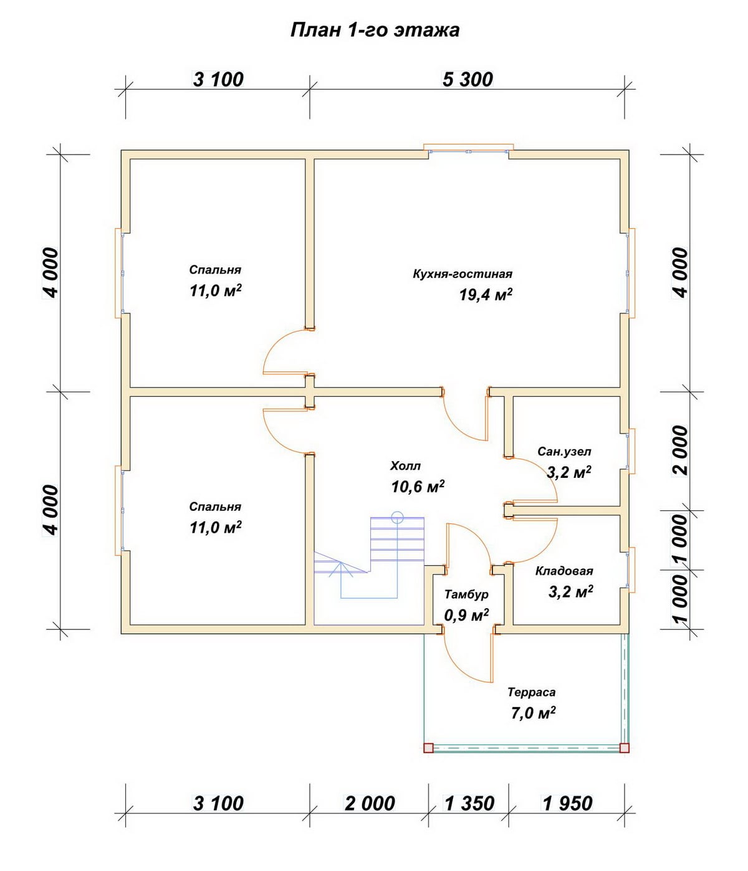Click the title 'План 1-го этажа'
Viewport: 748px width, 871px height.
click(x=375, y=31)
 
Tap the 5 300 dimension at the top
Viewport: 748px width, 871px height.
click(x=467, y=79)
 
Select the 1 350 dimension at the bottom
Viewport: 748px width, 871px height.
click(x=469, y=803)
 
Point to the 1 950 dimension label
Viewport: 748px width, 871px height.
click(x=567, y=803)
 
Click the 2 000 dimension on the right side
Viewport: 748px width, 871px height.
click(x=679, y=450)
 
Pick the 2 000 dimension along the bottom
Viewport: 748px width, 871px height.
click(x=370, y=803)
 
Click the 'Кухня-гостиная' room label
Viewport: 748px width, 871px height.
click(x=463, y=274)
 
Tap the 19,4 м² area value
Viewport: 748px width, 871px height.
click(x=486, y=295)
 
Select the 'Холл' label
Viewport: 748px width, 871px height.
click(x=405, y=466)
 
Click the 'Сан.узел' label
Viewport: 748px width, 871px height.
click(x=564, y=451)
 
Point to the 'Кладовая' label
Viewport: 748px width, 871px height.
click(x=564, y=571)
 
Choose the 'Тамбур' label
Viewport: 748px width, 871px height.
click(x=466, y=594)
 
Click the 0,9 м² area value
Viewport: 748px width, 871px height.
click(x=466, y=615)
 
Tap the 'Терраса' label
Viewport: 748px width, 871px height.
click(x=531, y=692)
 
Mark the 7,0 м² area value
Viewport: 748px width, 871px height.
click(x=533, y=713)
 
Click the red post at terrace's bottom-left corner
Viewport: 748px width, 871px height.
click(x=428, y=748)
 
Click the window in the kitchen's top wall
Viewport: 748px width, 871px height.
click(x=469, y=149)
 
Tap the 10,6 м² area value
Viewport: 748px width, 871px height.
click(x=418, y=487)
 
